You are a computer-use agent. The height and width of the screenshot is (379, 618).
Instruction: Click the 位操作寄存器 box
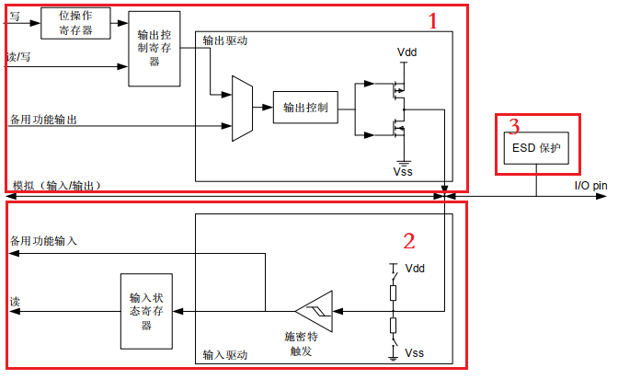pyautogui.click(x=75, y=23)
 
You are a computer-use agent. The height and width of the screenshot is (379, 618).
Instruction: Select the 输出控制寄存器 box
pyautogui.click(x=154, y=49)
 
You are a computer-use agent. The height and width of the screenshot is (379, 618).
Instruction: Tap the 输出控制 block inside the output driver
pyautogui.click(x=305, y=108)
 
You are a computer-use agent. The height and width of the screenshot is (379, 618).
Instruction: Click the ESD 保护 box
pyautogui.click(x=536, y=148)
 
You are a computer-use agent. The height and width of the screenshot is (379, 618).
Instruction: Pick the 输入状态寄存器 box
pyautogui.click(x=146, y=311)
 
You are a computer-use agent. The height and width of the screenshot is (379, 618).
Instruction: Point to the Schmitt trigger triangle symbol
pyautogui.click(x=315, y=311)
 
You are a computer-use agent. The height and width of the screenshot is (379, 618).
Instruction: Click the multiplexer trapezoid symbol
pyautogui.click(x=242, y=109)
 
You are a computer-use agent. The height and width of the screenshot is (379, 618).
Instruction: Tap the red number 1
pyautogui.click(x=433, y=21)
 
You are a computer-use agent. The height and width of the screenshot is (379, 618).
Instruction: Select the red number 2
pyautogui.click(x=409, y=241)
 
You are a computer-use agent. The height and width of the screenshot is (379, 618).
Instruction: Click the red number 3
pyautogui.click(x=514, y=126)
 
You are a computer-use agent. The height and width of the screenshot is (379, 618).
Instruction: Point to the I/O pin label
pyautogui.click(x=590, y=185)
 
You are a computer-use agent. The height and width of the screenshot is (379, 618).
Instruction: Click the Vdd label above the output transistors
pyautogui.click(x=406, y=52)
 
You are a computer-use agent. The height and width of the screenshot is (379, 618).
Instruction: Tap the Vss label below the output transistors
pyautogui.click(x=403, y=171)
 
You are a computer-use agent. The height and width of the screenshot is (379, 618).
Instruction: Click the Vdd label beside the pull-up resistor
pyautogui.click(x=415, y=269)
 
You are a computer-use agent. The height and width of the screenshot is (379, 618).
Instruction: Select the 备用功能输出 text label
pyautogui.click(x=43, y=120)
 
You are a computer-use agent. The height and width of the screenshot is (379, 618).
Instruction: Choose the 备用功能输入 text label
pyautogui.click(x=43, y=241)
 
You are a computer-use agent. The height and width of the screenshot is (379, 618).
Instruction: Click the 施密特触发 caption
pyautogui.click(x=301, y=343)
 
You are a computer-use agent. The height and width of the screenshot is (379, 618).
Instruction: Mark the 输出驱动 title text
pyautogui.click(x=225, y=40)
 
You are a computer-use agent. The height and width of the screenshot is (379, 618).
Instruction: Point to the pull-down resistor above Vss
pyautogui.click(x=393, y=326)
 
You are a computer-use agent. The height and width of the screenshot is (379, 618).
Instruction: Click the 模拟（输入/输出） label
pyautogui.click(x=58, y=185)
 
